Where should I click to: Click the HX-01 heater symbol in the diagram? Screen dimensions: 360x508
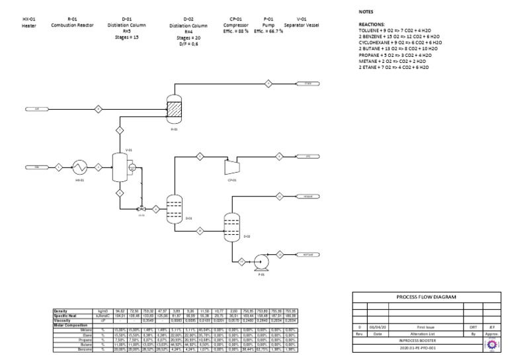(80, 167)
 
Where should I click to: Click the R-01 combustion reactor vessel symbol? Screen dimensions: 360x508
(175, 110)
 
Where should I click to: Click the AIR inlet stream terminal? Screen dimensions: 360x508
(37, 108)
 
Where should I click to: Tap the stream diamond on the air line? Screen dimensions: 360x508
(98, 108)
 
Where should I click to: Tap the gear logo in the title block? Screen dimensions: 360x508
(492, 345)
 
